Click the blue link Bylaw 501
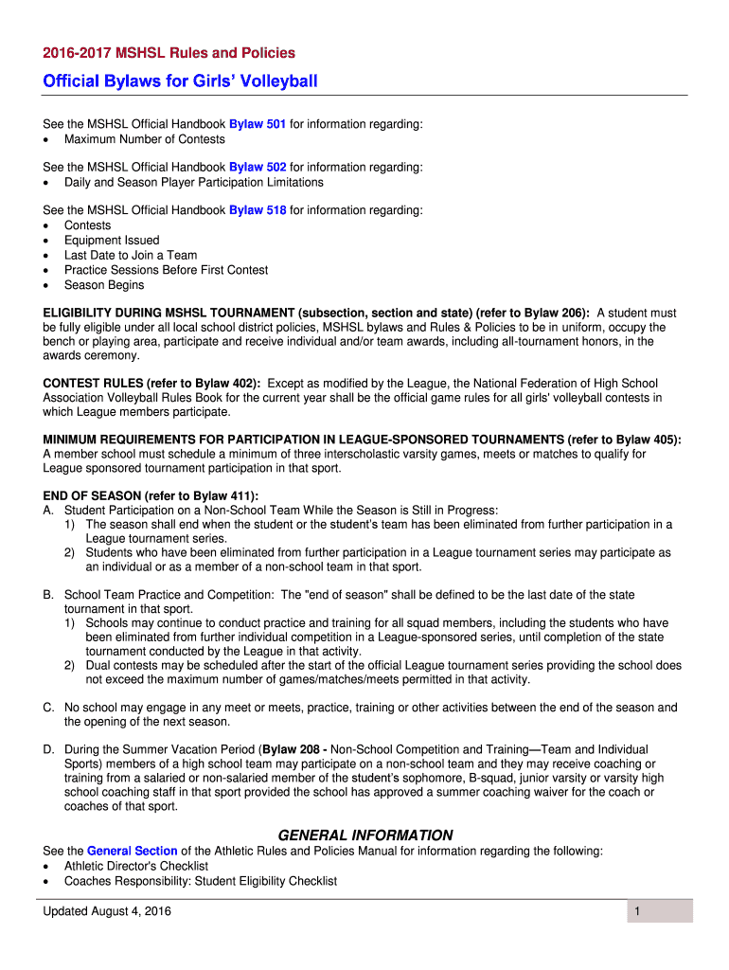258,124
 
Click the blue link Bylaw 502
258,167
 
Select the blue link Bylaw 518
258,210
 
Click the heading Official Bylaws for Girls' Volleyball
180,81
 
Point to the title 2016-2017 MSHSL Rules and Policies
169,53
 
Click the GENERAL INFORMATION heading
364,835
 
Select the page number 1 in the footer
639,911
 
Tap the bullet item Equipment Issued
112,241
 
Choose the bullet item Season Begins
104,285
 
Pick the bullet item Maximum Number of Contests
145,139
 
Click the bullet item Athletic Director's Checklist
136,866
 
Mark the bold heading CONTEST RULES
99,384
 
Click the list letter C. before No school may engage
48,708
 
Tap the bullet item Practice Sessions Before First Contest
166,270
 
